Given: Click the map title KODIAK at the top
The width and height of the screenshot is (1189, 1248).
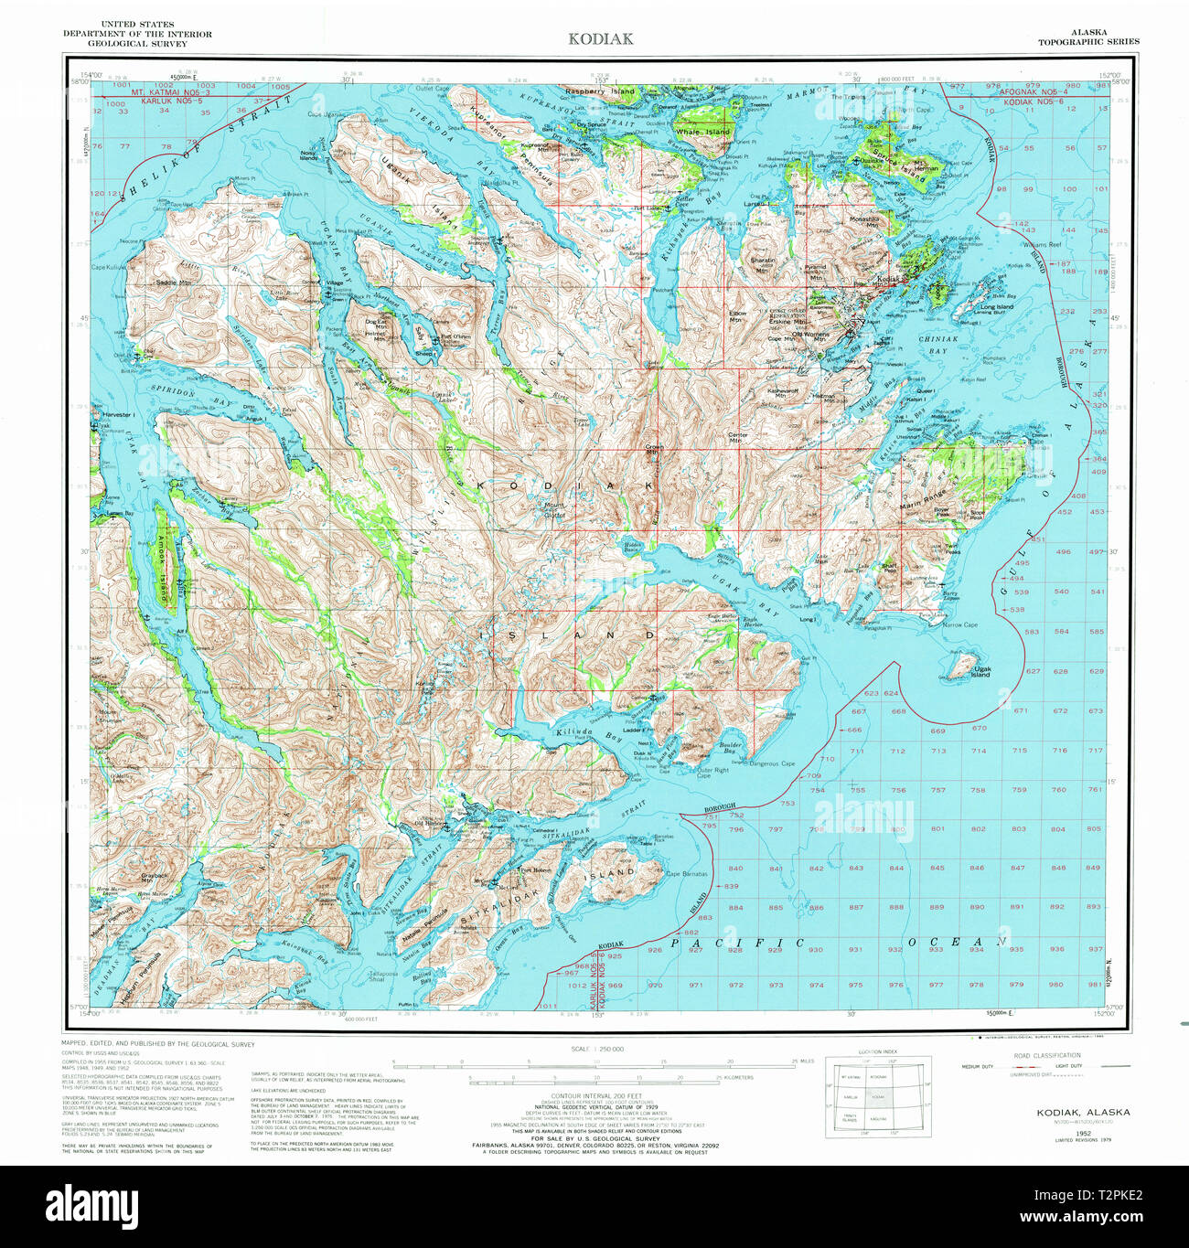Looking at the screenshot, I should [x=599, y=38].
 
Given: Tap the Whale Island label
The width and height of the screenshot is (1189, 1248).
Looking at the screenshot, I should [x=702, y=132].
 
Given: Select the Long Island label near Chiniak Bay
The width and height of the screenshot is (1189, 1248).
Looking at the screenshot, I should [x=997, y=307].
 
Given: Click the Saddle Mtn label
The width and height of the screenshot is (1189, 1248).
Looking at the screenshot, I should [x=173, y=283].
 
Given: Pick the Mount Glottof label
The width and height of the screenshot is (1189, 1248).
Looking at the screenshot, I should [x=555, y=510].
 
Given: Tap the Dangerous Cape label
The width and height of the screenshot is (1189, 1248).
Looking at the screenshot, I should [x=772, y=763].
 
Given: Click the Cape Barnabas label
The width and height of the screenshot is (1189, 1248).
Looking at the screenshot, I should [x=686, y=874].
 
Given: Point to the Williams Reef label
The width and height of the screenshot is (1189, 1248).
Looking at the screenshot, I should [x=1042, y=245].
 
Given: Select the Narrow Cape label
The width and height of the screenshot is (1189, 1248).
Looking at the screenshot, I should [x=959, y=625].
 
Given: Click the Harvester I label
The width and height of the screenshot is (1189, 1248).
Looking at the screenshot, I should [x=119, y=414].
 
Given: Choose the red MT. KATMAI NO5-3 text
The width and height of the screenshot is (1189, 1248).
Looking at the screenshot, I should [x=170, y=93].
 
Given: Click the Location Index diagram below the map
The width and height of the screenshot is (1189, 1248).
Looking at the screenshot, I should [x=878, y=1096].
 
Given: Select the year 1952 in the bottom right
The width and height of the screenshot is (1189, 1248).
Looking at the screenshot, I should [x=1082, y=1132].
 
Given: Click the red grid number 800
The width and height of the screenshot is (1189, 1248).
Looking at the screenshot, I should [x=898, y=829].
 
